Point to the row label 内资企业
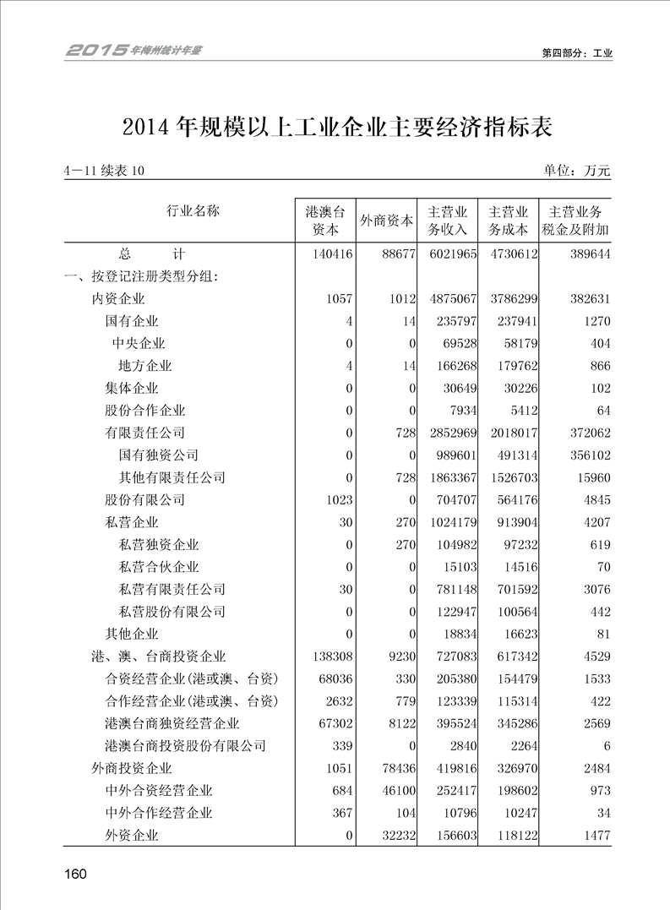coord(118,298)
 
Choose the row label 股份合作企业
coord(144,411)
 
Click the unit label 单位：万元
coord(577,171)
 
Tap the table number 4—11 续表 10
coord(104,171)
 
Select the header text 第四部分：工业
coord(576,52)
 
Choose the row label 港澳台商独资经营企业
coord(172,723)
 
